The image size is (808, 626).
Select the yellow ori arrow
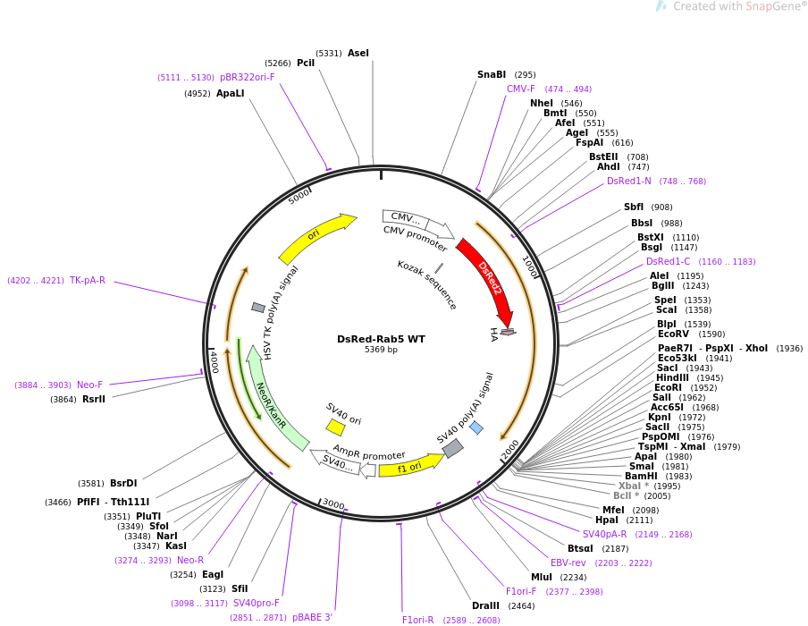(x=315, y=236)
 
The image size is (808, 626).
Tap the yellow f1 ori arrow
(x=409, y=466)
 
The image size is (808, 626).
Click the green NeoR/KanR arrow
(x=271, y=405)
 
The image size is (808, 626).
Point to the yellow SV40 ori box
(x=335, y=427)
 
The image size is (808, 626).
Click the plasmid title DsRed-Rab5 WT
(x=381, y=339)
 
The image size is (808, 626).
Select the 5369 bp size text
(x=381, y=350)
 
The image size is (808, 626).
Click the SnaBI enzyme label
(x=492, y=75)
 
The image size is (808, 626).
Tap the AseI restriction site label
(x=358, y=53)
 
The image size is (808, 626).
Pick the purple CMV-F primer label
(x=521, y=89)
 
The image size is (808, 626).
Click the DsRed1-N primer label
(x=629, y=182)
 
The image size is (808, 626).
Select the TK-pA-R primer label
(x=88, y=281)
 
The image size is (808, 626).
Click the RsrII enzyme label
(x=94, y=400)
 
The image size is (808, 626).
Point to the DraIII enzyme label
(x=486, y=606)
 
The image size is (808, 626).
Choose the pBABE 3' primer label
(x=313, y=618)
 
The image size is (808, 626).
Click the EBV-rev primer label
(x=568, y=563)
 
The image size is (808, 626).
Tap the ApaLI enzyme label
(x=230, y=93)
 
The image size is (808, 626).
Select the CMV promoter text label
(x=415, y=238)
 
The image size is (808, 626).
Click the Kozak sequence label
(x=426, y=284)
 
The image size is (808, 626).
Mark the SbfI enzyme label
(x=634, y=207)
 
